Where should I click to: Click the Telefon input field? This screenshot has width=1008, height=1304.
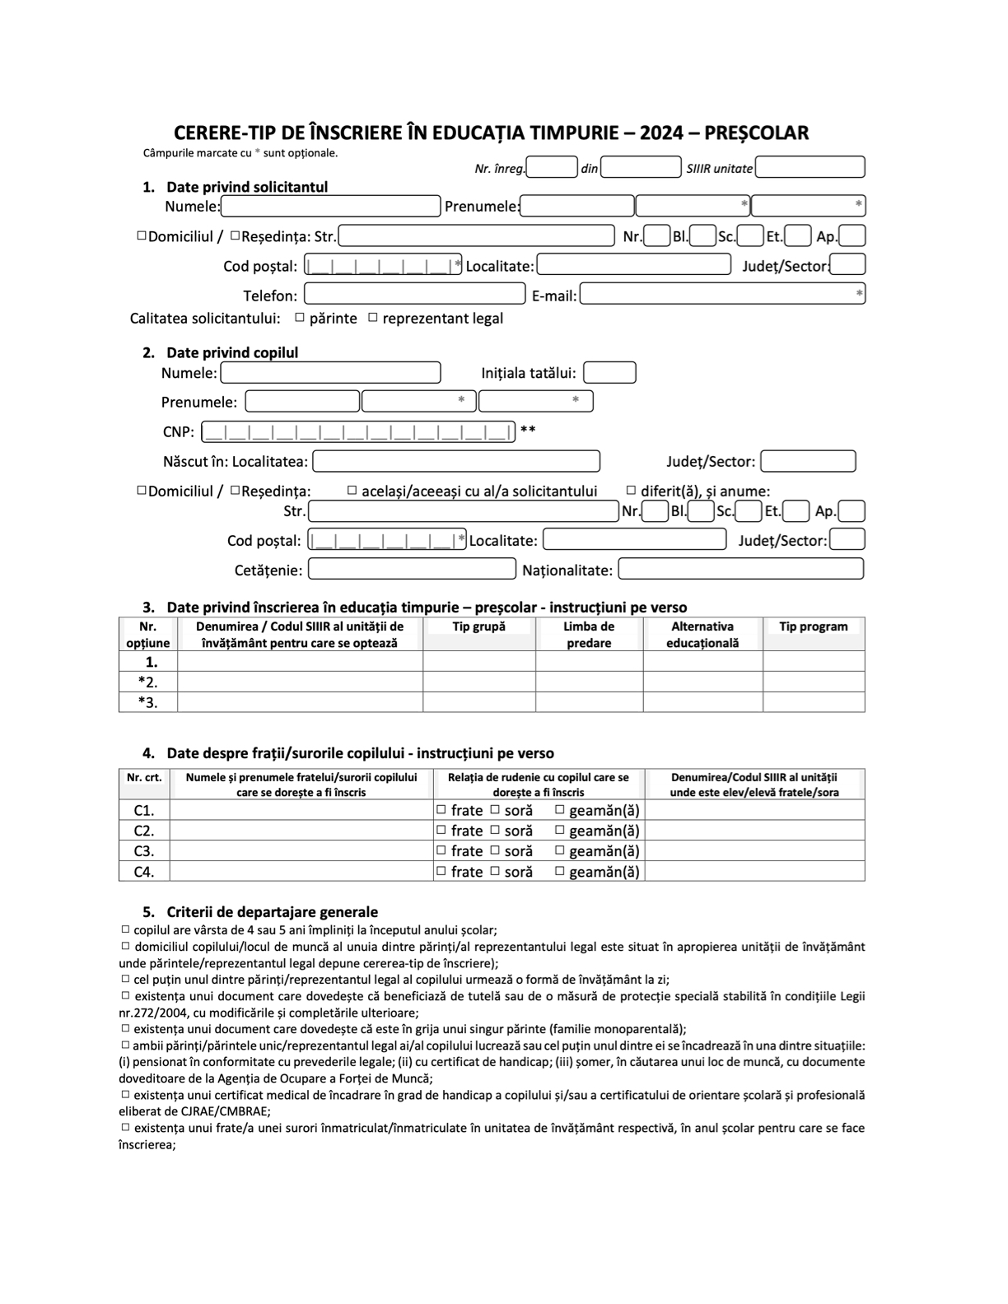(x=414, y=294)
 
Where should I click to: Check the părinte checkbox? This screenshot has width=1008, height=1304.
(x=300, y=317)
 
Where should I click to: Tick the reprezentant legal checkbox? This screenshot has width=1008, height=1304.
(x=373, y=317)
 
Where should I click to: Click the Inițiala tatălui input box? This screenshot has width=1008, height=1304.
(x=609, y=373)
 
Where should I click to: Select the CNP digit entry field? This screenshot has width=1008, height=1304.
(x=358, y=431)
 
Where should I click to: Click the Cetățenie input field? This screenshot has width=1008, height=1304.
(x=412, y=569)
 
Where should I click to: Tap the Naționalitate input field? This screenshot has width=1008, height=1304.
(x=740, y=569)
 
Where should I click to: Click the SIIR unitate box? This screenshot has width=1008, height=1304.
(x=810, y=167)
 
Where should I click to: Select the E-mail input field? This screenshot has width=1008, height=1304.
(x=721, y=294)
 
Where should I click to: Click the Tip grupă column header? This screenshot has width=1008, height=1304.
(x=479, y=626)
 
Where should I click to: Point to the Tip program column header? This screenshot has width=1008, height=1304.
(x=813, y=626)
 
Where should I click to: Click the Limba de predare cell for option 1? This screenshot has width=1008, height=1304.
(x=589, y=661)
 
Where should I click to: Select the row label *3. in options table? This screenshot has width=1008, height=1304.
(x=148, y=702)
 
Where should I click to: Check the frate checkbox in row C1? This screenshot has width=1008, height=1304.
(x=441, y=809)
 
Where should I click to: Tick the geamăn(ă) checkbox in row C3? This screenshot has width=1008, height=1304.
(x=560, y=850)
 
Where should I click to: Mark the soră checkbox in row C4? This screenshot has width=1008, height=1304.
(x=495, y=871)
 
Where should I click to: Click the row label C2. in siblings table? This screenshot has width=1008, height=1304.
(x=144, y=831)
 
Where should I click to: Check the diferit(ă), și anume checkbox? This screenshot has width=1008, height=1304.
(x=632, y=490)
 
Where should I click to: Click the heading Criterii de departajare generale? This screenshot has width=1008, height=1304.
(x=272, y=912)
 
